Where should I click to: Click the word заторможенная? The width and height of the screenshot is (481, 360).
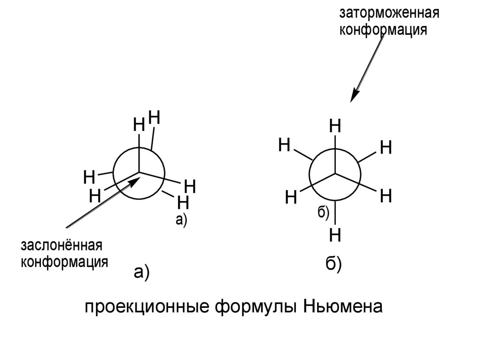(389, 13)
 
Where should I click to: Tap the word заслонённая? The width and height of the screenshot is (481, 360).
(61, 245)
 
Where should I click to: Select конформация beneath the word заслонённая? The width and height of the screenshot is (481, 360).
(64, 261)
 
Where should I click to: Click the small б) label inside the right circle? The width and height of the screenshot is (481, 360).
(324, 212)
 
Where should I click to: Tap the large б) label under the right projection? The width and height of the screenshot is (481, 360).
(334, 266)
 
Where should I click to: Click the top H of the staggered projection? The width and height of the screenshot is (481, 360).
(335, 126)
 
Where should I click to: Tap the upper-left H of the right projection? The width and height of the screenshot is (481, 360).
(284, 145)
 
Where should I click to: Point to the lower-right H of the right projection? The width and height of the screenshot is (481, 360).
(386, 195)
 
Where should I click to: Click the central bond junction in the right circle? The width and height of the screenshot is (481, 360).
(335, 174)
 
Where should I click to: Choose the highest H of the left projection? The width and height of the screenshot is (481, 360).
(155, 117)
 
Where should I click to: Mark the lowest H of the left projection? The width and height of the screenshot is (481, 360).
(183, 203)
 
